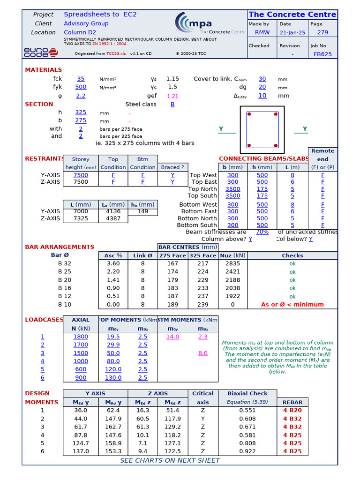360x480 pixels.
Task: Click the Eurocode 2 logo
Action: (x=41, y=52)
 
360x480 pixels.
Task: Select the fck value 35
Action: (x=81, y=79)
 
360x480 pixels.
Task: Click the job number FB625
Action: (x=322, y=54)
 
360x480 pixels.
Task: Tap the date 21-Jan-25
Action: (x=292, y=33)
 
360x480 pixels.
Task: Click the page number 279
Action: (x=322, y=33)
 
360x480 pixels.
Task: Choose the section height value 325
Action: (x=81, y=112)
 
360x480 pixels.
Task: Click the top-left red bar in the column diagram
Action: (x=249, y=114)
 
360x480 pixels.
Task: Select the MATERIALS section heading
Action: (x=43, y=70)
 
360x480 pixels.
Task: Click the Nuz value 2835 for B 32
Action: (x=232, y=263)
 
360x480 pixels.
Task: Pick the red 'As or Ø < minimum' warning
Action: (x=292, y=304)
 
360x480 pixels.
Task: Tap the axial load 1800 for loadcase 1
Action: (x=80, y=337)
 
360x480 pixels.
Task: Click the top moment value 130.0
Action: (x=113, y=377)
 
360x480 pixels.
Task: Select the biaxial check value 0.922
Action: (x=247, y=451)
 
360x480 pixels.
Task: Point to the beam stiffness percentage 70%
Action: (x=262, y=232)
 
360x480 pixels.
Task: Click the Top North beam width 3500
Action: (x=232, y=189)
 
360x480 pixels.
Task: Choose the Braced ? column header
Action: (x=172, y=167)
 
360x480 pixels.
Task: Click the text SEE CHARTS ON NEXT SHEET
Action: (x=170, y=460)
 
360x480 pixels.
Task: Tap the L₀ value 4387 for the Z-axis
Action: (x=113, y=218)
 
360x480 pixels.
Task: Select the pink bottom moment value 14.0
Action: (x=172, y=337)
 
